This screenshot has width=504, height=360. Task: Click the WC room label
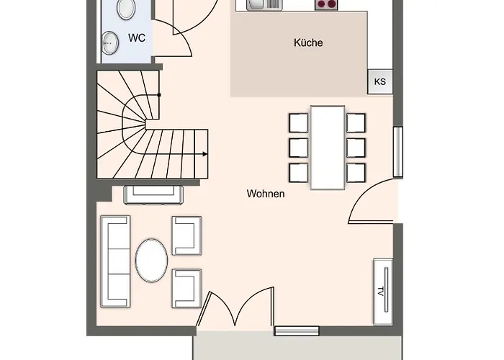[137, 37]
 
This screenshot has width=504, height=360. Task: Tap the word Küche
[308, 43]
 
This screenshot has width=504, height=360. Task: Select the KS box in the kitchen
[379, 81]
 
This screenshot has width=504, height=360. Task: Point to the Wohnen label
[265, 194]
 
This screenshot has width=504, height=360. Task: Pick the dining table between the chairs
[327, 148]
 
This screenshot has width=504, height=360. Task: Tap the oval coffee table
[152, 261]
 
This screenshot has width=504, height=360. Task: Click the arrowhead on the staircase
[206, 154]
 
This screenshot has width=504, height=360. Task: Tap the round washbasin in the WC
[110, 42]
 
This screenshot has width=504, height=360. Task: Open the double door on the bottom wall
[238, 311]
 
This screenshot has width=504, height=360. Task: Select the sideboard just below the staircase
[153, 194]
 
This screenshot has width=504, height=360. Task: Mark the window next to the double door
[297, 330]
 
